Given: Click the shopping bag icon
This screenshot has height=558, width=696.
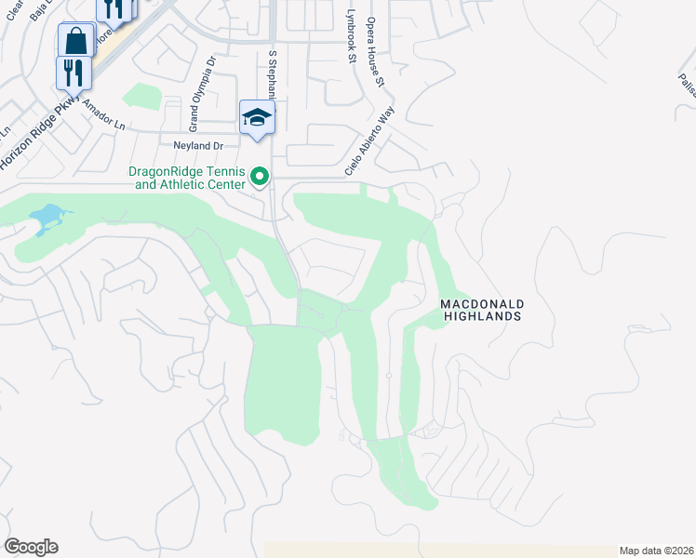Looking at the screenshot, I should coord(75,40).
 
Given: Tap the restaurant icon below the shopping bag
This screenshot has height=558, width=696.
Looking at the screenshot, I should coord(74,72).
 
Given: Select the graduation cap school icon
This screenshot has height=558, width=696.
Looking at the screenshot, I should coord(257,117).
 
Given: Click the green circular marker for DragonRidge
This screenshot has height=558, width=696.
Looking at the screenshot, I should coord(261,176).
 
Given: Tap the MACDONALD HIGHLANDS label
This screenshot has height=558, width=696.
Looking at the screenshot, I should coord(481,311).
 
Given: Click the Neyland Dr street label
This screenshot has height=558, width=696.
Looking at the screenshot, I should coord(199,146).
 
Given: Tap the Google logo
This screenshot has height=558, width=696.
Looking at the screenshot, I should coord(31,547).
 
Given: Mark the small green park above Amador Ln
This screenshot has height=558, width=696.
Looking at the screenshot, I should coord(141,97).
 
